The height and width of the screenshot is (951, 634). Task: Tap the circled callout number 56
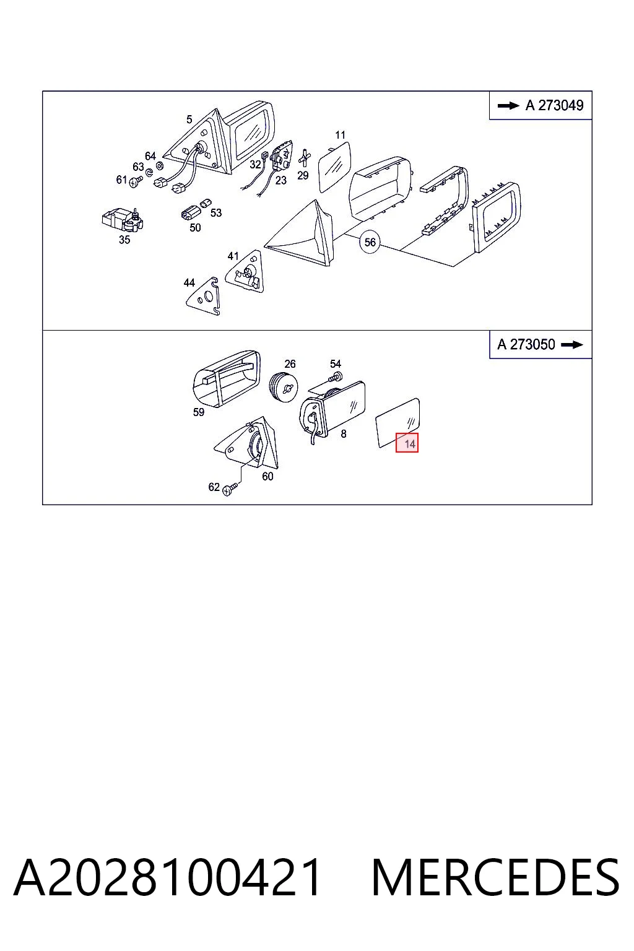370,242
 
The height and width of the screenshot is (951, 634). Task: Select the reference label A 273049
555,105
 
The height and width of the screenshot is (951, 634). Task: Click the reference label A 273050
526,344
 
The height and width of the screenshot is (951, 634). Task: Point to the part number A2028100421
167,877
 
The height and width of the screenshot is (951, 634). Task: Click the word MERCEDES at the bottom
495,877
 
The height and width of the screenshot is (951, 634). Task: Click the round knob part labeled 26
284,387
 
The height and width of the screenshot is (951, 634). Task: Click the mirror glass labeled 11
335,167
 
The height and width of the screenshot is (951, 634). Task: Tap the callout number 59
198,412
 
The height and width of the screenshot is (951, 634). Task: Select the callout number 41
233,256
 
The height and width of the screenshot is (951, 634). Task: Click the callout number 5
189,119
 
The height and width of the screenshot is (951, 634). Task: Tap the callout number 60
267,476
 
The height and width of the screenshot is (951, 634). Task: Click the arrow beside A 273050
572,345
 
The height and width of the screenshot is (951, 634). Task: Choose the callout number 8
344,433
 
